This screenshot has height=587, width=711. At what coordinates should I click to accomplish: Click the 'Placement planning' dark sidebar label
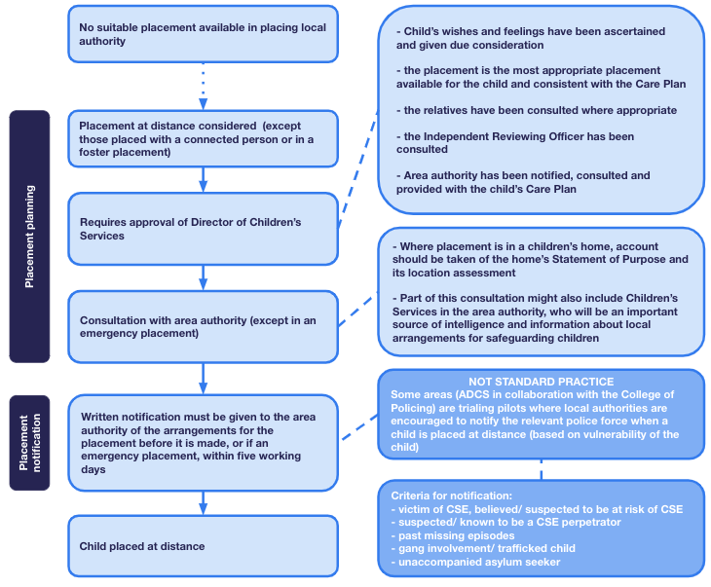29,237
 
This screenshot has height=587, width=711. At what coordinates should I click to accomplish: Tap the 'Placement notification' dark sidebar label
29,442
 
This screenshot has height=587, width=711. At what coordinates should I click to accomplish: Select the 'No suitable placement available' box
204,34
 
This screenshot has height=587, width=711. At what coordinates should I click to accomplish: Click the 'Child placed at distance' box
204,546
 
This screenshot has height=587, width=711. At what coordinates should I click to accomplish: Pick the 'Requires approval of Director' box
204,229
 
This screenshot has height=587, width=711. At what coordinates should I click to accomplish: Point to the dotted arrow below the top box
204,86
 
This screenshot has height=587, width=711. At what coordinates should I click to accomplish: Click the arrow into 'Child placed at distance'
204,502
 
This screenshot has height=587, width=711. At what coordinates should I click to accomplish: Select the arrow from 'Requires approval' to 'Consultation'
204,277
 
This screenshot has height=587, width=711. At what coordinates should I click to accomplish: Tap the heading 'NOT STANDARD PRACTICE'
541,382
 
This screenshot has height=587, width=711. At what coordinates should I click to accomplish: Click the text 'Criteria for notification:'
451,495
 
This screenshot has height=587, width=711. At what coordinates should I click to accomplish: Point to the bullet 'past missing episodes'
453,535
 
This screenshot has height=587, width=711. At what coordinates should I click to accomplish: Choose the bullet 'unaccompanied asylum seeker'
475,562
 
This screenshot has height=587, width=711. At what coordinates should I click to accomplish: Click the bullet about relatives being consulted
537,110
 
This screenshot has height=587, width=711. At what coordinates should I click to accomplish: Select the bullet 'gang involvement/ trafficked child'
483,548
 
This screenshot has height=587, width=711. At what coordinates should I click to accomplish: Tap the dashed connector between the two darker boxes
541,469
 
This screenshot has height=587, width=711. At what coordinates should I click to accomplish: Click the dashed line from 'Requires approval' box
358,168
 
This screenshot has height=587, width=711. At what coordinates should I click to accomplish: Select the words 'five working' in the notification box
270,456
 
